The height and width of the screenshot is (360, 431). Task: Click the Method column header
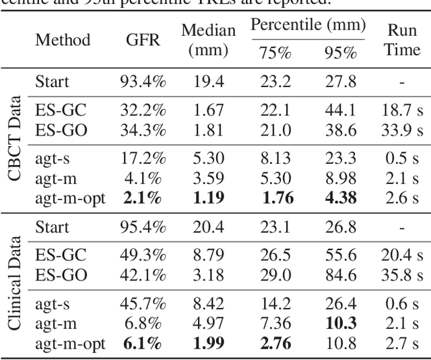(63, 40)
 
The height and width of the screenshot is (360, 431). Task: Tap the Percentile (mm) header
(308, 27)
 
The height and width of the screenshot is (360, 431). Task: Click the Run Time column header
(403, 40)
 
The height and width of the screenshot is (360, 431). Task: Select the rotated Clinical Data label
(13, 283)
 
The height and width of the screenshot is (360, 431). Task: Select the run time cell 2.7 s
(403, 344)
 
